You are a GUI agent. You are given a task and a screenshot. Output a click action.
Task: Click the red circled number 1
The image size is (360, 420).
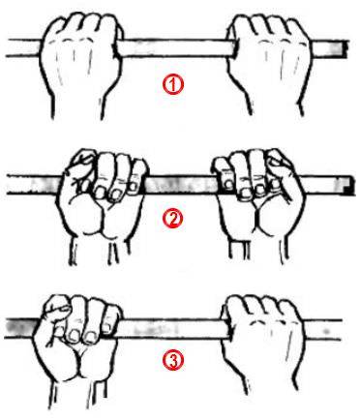coord(173,85)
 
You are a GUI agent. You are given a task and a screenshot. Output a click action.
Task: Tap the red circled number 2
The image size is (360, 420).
coord(173,219)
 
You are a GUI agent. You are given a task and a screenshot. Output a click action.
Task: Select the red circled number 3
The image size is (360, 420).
coord(173,360)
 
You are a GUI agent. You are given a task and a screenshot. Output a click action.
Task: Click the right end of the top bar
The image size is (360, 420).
coord(347,49)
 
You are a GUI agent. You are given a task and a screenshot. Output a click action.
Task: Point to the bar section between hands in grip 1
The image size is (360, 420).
coord(176,47)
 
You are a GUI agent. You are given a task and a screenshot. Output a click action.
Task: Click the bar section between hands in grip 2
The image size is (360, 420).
coord(179,186)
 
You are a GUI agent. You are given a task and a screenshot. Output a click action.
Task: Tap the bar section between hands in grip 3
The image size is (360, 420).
coord(173,329)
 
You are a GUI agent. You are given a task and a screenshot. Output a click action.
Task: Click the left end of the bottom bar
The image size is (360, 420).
coord(7,329)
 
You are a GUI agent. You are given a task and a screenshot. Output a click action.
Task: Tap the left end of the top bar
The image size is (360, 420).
coord(8,48)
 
